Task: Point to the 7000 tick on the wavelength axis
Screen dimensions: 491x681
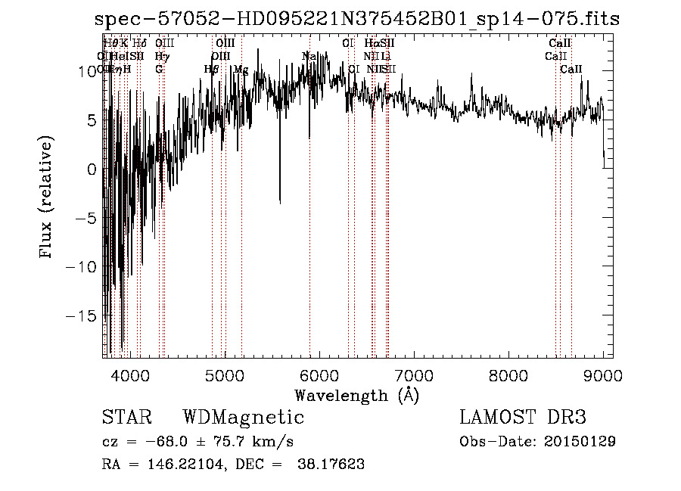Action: (414, 357)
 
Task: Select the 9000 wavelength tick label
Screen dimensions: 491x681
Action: (603, 374)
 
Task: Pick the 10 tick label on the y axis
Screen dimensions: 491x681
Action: (89, 71)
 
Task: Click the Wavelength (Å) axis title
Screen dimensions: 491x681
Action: (356, 395)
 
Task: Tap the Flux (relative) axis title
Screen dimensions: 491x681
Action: (47, 198)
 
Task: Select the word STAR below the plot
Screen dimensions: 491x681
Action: (126, 418)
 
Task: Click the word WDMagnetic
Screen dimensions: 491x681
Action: (243, 418)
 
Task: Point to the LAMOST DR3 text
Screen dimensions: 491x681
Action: (523, 418)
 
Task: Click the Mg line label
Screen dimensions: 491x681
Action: (241, 70)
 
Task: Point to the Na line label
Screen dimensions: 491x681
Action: (309, 56)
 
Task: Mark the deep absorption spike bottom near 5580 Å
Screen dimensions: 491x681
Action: (280, 203)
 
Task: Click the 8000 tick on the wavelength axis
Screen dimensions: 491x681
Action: (508, 357)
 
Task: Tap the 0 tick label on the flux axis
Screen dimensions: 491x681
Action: (92, 169)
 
